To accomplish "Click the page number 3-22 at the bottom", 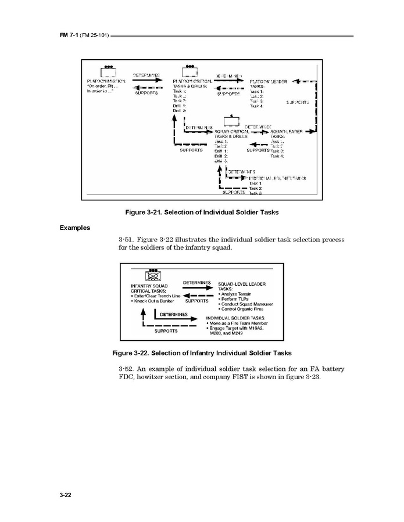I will [x=65, y=495].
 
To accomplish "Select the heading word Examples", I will [x=74, y=228].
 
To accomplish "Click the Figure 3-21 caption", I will [x=202, y=213].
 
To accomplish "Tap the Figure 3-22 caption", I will [x=202, y=353].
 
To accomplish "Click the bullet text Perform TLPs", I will [x=235, y=299].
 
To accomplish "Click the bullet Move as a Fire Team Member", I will [x=240, y=324].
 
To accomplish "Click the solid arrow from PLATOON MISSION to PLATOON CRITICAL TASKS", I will [x=146, y=81].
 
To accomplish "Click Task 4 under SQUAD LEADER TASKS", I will [x=277, y=156].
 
